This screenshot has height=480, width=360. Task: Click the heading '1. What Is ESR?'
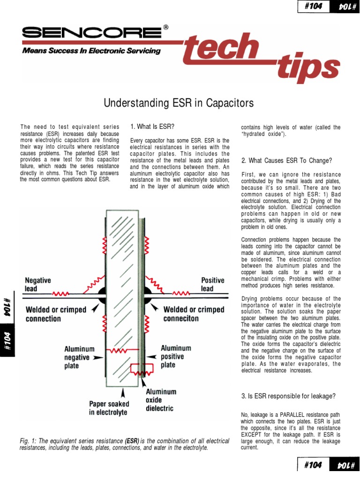[152, 127]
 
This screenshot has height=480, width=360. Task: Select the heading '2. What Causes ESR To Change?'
[286, 160]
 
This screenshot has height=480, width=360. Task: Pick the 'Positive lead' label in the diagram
[213, 284]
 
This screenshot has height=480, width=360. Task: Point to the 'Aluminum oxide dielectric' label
[160, 400]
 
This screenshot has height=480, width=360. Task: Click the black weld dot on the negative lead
[102, 294]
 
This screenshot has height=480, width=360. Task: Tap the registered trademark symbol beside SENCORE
[165, 28]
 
